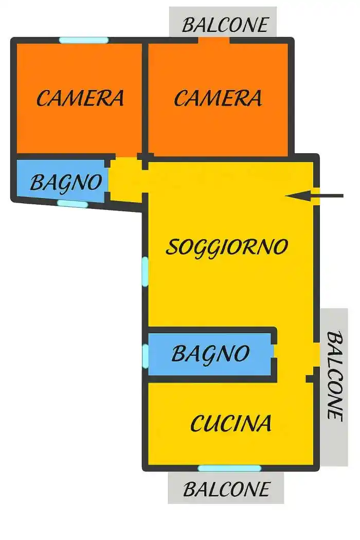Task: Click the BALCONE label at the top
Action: click(225, 24)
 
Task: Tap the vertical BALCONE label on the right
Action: click(335, 375)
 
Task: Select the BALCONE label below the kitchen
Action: click(226, 489)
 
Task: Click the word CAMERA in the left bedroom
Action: click(80, 98)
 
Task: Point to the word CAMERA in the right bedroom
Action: click(218, 98)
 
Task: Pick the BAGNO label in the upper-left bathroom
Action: click(65, 182)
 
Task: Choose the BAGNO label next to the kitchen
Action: click(210, 353)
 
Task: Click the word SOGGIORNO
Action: click(226, 247)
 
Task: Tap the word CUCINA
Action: click(231, 423)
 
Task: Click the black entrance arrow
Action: click(314, 195)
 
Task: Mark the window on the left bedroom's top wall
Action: click(83, 40)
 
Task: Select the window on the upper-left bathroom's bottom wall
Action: click(73, 204)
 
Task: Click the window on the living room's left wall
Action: click(145, 271)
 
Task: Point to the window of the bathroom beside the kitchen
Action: click(145, 355)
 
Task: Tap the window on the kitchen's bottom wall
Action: click(229, 468)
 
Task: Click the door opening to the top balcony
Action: click(214, 41)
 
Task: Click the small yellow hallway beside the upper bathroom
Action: click(125, 179)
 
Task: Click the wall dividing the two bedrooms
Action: click(145, 98)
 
